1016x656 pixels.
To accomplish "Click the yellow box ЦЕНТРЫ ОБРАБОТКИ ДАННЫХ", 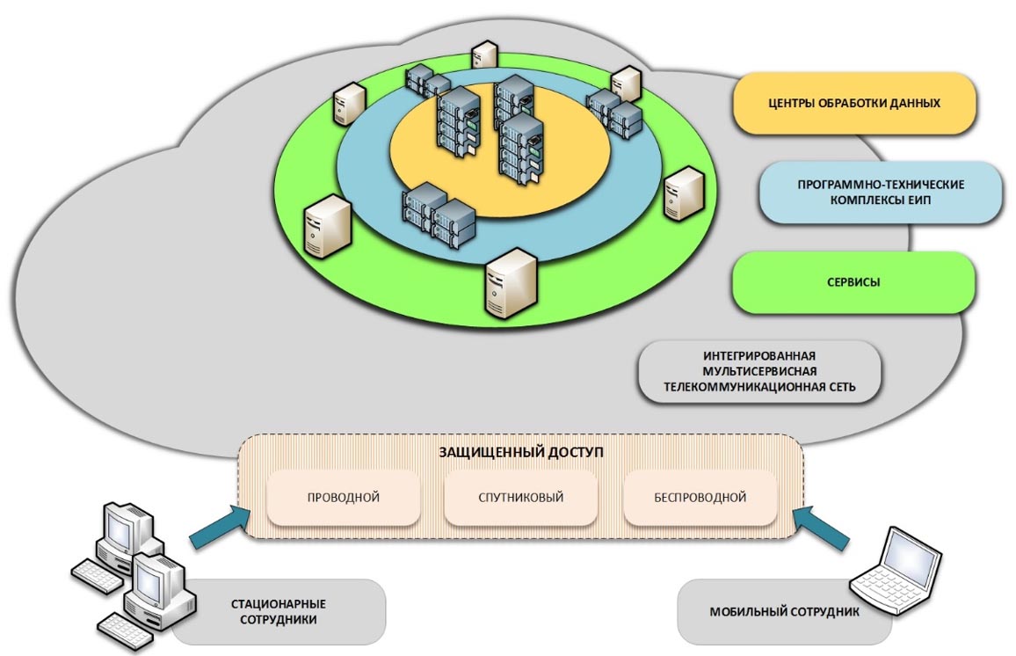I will (x=854, y=103).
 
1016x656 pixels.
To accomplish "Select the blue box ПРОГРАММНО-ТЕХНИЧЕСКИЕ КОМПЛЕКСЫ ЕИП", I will (x=881, y=193).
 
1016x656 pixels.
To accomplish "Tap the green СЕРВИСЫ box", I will (x=853, y=283).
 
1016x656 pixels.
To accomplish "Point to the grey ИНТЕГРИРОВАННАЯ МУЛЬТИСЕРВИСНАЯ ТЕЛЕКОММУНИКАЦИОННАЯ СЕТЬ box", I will (x=759, y=372).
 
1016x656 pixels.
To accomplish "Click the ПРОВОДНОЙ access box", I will (x=343, y=498).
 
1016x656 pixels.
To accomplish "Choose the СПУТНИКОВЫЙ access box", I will (x=521, y=498).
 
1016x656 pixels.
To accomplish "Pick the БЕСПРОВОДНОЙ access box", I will (x=700, y=498).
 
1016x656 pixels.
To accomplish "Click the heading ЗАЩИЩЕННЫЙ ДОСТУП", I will (x=521, y=452).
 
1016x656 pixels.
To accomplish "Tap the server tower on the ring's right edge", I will (x=683, y=193).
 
